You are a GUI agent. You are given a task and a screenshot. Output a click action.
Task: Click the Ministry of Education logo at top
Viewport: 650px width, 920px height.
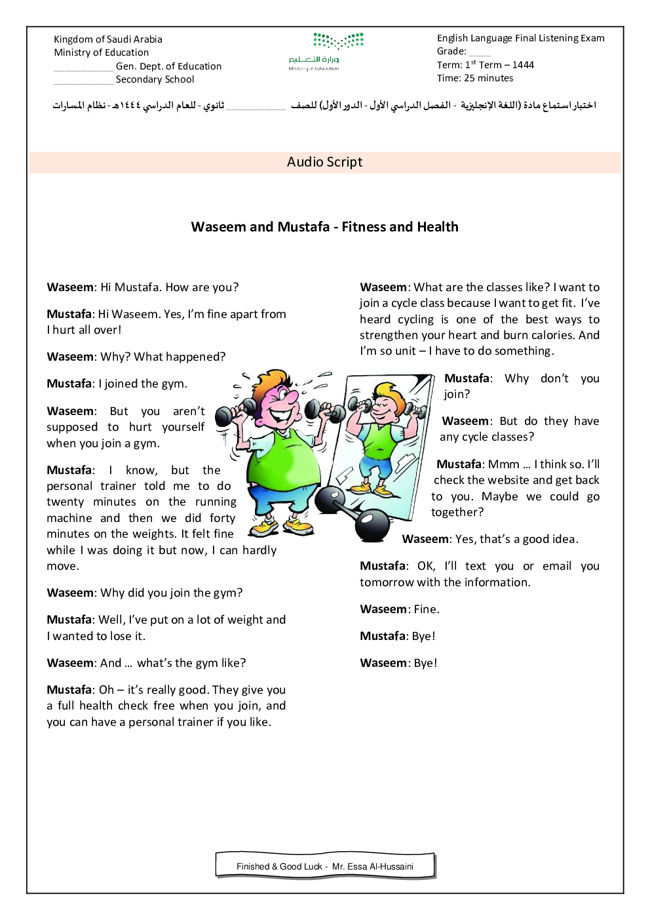tap(326, 51)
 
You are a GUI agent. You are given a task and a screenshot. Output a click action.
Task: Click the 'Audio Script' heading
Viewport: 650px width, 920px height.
tap(324, 162)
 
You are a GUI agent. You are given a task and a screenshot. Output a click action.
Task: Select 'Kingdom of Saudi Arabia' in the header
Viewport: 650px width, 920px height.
tap(108, 39)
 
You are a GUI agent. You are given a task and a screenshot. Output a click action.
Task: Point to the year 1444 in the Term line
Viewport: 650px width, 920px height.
tap(523, 65)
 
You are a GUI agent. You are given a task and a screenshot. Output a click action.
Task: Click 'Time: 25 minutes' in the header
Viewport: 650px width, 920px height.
tap(475, 78)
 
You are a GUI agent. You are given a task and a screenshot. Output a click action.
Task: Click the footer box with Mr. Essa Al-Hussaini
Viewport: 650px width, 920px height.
tap(325, 866)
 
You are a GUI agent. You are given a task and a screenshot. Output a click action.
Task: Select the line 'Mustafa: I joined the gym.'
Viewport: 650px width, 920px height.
tap(117, 384)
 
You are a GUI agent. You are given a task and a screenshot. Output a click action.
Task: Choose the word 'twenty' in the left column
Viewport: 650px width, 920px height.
tap(66, 502)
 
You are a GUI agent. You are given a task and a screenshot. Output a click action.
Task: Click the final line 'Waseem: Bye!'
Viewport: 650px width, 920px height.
tap(398, 663)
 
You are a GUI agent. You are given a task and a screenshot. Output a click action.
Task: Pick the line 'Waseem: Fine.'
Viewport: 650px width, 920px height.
tap(400, 609)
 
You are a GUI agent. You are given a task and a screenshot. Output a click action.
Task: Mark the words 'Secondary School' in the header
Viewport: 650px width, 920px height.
tap(155, 79)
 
